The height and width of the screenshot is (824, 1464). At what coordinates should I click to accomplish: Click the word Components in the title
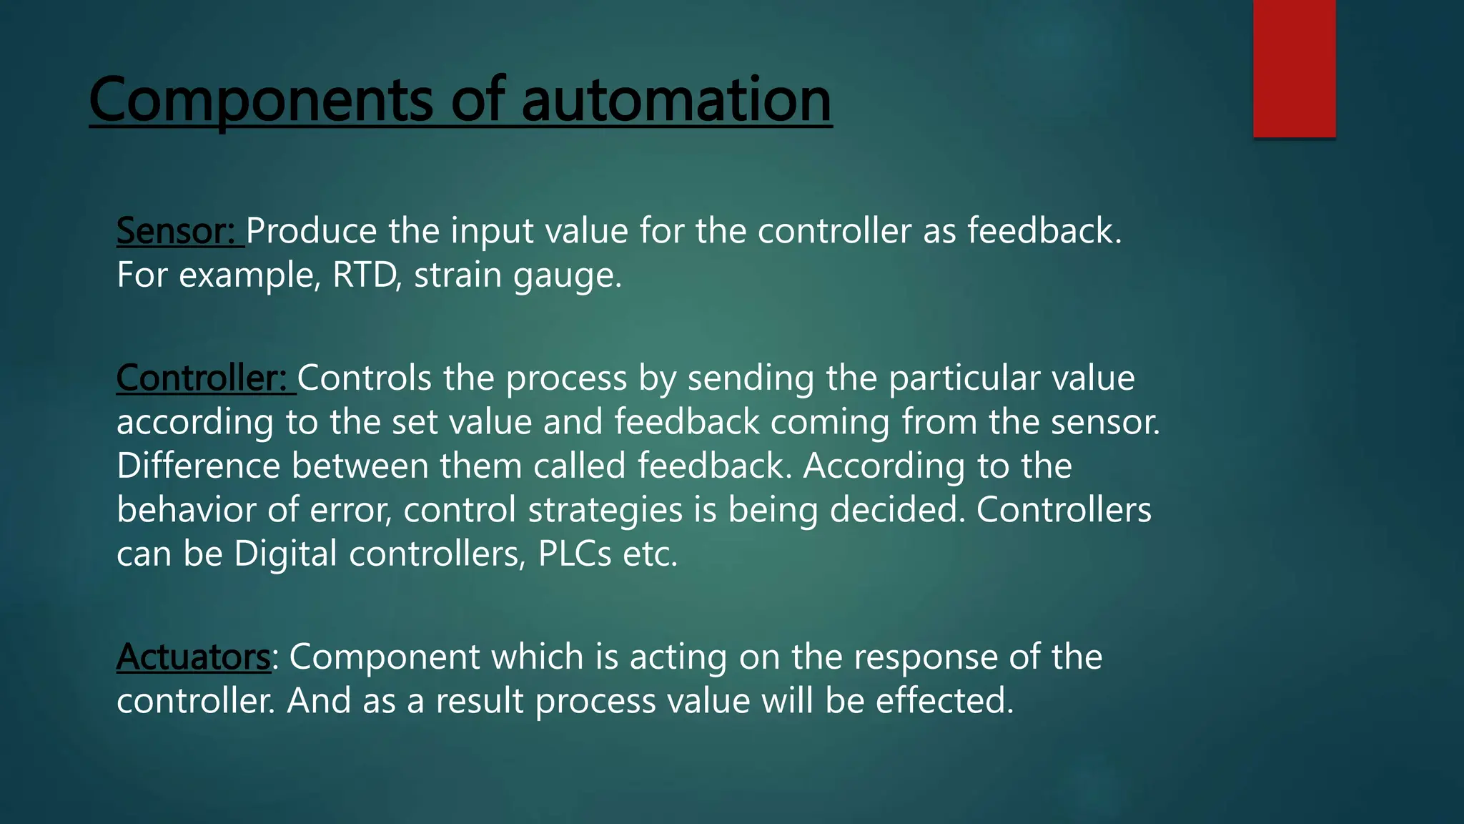[262, 100]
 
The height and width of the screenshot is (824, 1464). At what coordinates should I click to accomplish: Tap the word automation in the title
[676, 100]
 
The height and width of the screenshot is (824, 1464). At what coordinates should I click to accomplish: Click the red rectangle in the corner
[1294, 69]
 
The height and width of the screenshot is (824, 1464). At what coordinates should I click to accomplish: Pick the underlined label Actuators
[193, 657]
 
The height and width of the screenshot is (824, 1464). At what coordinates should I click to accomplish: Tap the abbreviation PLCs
[574, 554]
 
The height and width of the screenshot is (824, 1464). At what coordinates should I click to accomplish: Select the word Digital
[285, 554]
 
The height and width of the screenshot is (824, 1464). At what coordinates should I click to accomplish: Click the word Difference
[198, 466]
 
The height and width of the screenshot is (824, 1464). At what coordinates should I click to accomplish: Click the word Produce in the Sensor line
[311, 231]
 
